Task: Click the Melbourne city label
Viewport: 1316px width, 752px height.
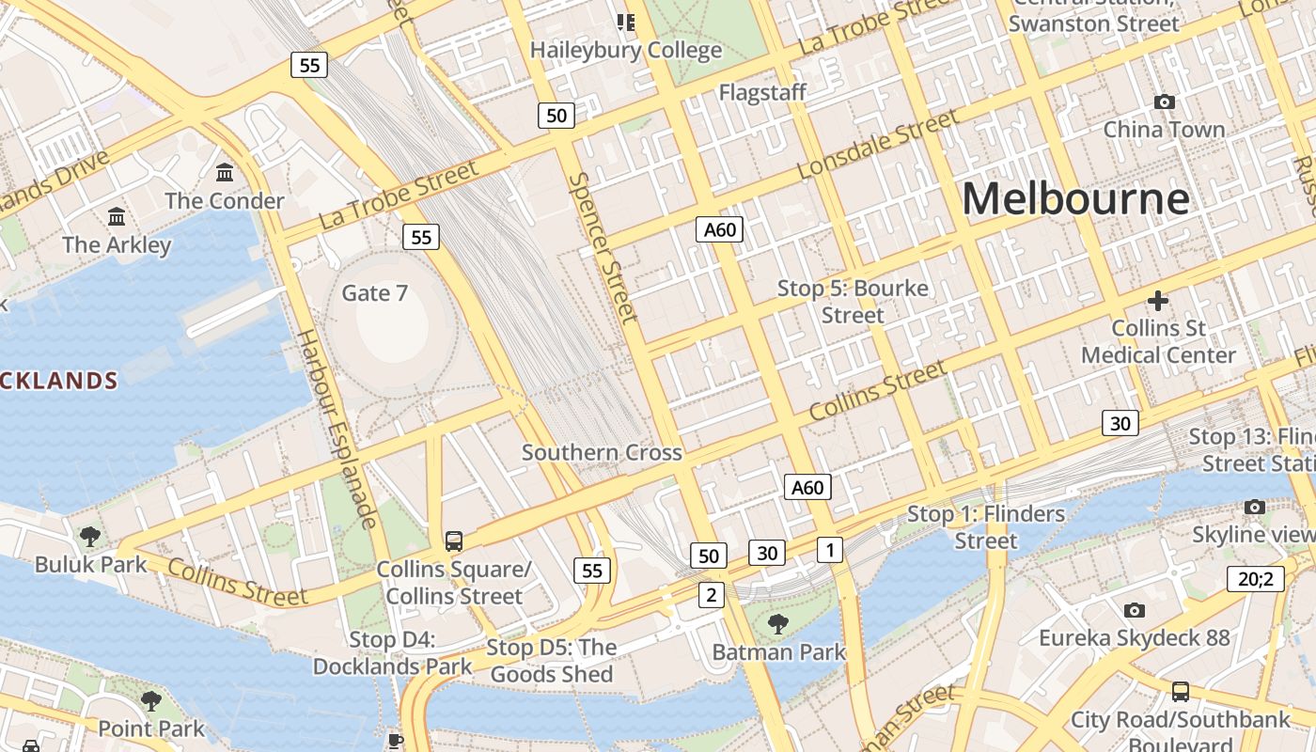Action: pos(1075,198)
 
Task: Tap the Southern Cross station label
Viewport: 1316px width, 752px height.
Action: pos(602,452)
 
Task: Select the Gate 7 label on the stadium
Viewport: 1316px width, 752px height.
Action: pos(374,293)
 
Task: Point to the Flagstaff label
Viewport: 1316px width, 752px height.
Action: pos(762,92)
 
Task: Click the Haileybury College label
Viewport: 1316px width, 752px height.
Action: pos(626,50)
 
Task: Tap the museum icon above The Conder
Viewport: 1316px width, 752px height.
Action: pos(225,173)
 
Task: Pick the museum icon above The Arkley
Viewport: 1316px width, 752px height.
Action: pos(117,217)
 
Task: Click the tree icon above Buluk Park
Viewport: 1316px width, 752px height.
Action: pos(90,537)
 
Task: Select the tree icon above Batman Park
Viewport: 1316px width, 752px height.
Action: pos(777,623)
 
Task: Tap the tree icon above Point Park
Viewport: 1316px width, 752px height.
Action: pos(150,701)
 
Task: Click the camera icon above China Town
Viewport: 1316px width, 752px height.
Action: pos(1164,102)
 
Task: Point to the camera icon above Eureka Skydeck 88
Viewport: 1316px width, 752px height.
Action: pos(1134,610)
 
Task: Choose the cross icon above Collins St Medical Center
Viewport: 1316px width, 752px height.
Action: pos(1158,301)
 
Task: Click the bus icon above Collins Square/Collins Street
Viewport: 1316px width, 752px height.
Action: pos(454,540)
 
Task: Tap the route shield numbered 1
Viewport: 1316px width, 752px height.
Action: pos(829,549)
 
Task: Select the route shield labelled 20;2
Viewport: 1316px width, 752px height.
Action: pos(1255,578)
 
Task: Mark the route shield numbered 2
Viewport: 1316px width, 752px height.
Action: pos(712,594)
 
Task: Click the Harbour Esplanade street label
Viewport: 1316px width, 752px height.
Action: pos(337,429)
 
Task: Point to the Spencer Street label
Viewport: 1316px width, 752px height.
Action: pos(603,246)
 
